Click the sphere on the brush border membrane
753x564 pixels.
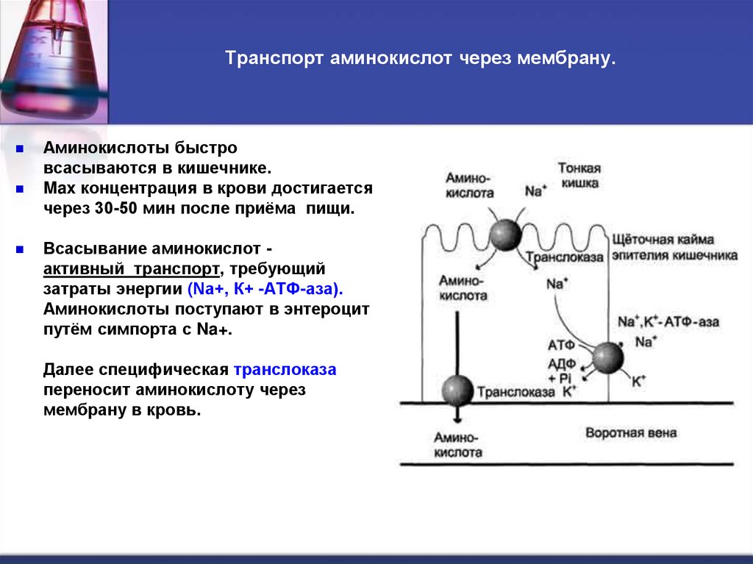click(505, 234)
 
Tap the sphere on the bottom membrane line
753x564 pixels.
click(457, 390)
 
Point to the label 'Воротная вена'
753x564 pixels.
click(631, 433)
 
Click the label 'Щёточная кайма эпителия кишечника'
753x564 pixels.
click(674, 248)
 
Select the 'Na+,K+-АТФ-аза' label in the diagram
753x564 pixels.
click(668, 322)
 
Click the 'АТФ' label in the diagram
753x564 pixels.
click(560, 344)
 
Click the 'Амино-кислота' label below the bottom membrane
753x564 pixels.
click(458, 445)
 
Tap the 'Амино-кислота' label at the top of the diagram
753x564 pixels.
click(469, 185)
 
